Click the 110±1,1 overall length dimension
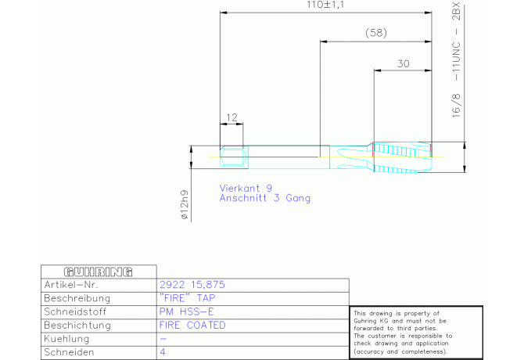pyautogui.click(x=325, y=5)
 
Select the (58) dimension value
pyautogui.click(x=376, y=33)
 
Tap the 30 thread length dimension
pyautogui.click(x=404, y=63)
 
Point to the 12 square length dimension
pyautogui.click(x=231, y=117)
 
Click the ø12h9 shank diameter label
pyautogui.click(x=185, y=205)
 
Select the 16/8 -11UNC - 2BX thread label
pyautogui.click(x=456, y=60)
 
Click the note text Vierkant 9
pyautogui.click(x=246, y=188)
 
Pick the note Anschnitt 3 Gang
pyautogui.click(x=264, y=198)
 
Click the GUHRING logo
pyautogui.click(x=99, y=272)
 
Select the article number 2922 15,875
pyautogui.click(x=192, y=285)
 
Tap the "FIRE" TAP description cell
pyautogui.click(x=188, y=298)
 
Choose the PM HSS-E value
pyautogui.click(x=186, y=311)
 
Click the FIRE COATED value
pyautogui.click(x=192, y=326)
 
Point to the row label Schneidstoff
pyautogui.click(x=75, y=311)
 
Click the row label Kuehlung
pyautogui.click(x=66, y=339)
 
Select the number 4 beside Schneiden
pyautogui.click(x=163, y=352)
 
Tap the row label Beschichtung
pyautogui.click(x=77, y=326)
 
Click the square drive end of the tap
pyautogui.click(x=234, y=157)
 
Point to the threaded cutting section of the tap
pyautogui.click(x=402, y=157)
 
